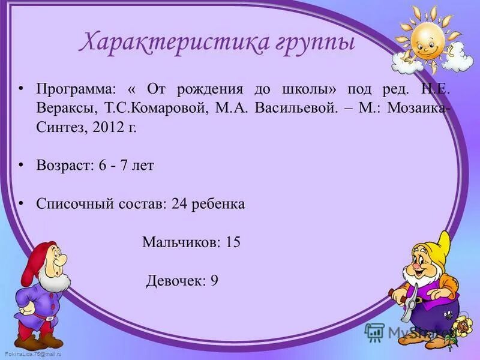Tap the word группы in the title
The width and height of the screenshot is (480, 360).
point(316,43)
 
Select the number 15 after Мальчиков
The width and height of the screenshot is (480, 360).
point(233,242)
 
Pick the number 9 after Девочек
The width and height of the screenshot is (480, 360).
point(214,281)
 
